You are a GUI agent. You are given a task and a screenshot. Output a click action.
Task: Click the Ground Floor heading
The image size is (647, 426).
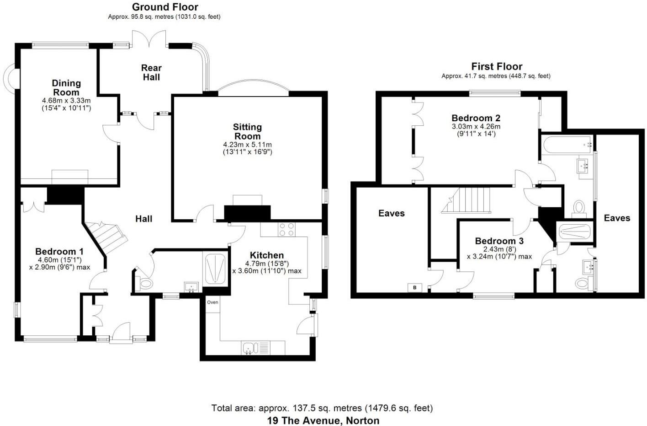click(x=165, y=7)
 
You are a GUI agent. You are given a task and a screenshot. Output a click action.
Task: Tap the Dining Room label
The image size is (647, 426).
click(x=66, y=87)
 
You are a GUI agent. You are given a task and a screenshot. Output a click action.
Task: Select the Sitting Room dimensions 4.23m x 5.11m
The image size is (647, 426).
click(x=247, y=145)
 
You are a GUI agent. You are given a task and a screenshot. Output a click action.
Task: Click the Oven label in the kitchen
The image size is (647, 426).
click(x=212, y=302)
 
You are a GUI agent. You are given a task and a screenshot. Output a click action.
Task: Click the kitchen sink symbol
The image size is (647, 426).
click(x=250, y=348)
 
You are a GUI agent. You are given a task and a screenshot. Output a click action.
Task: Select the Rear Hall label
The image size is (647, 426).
click(x=151, y=72)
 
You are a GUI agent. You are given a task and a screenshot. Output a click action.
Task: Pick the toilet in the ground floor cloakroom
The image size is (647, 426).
click(x=145, y=284)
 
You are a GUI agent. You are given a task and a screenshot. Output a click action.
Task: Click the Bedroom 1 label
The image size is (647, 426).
click(x=59, y=251)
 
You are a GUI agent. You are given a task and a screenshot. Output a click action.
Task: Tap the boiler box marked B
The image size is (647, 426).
click(x=414, y=288)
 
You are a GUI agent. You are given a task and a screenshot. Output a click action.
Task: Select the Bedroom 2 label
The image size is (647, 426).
click(x=476, y=118)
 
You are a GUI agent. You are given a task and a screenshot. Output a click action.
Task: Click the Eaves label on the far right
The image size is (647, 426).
click(x=617, y=218)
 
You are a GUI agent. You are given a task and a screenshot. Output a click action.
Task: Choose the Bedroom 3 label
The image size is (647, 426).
click(x=499, y=241)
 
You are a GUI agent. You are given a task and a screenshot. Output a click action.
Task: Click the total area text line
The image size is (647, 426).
click(x=322, y=408)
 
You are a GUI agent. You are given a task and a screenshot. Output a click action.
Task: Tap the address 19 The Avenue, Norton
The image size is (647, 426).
click(x=323, y=420)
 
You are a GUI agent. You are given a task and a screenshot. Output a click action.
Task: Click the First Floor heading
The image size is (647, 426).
click(x=497, y=66)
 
